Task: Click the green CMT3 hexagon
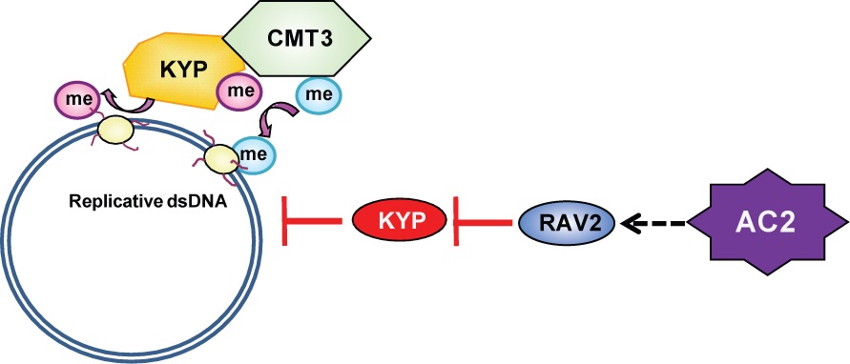tap(297, 40)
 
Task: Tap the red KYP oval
tap(400, 221)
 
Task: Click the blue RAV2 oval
tap(567, 221)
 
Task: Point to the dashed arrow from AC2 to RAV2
tap(653, 222)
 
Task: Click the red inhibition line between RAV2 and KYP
tap(483, 221)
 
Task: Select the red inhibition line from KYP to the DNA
tap(312, 221)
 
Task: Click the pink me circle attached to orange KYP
tap(237, 91)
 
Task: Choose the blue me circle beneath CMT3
tap(319, 95)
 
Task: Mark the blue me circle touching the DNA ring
tap(254, 153)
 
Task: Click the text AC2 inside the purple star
tap(768, 222)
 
